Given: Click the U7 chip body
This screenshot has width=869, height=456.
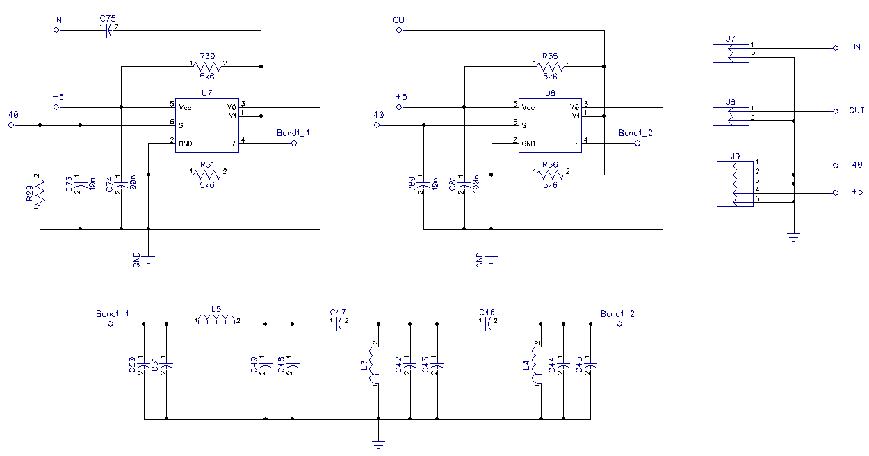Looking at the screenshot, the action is click(206, 125).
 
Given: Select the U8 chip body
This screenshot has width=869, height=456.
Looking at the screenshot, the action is click(550, 125).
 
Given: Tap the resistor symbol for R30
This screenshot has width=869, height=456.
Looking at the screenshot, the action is click(207, 66).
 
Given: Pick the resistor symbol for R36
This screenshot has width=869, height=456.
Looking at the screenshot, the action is click(550, 175).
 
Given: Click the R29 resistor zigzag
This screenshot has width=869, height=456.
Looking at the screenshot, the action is click(40, 193).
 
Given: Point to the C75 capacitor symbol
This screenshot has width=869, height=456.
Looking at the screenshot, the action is click(108, 30).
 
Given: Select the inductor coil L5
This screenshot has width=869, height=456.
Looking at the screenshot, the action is click(216, 320).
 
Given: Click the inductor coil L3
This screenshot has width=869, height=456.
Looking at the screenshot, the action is click(374, 364).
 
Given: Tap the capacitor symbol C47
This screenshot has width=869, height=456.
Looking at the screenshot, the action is click(339, 324).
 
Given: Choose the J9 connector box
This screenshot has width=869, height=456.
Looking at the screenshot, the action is click(735, 184).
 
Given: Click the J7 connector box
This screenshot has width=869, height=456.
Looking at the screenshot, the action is click(731, 53).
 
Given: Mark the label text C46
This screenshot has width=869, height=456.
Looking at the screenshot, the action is click(487, 313).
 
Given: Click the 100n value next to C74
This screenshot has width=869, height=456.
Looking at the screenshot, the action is click(133, 184).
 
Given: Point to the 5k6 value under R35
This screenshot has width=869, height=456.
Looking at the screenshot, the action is click(550, 77).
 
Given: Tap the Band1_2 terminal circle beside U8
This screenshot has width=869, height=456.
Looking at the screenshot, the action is click(637, 143).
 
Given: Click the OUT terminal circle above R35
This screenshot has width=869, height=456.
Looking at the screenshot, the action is click(399, 30).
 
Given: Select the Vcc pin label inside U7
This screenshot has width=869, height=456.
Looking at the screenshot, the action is click(185, 108).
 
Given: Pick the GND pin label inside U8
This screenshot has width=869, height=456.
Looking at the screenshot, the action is click(528, 143).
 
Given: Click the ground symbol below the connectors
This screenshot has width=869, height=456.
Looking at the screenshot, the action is click(794, 237).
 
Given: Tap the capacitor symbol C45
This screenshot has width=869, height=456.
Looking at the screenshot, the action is click(590, 365).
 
